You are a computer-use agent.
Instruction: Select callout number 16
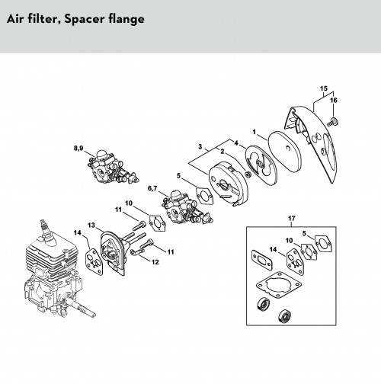tap(334, 101)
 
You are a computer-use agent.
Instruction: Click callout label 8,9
tap(78, 148)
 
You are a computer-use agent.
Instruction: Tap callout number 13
tap(91, 225)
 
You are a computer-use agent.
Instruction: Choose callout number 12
tap(155, 262)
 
